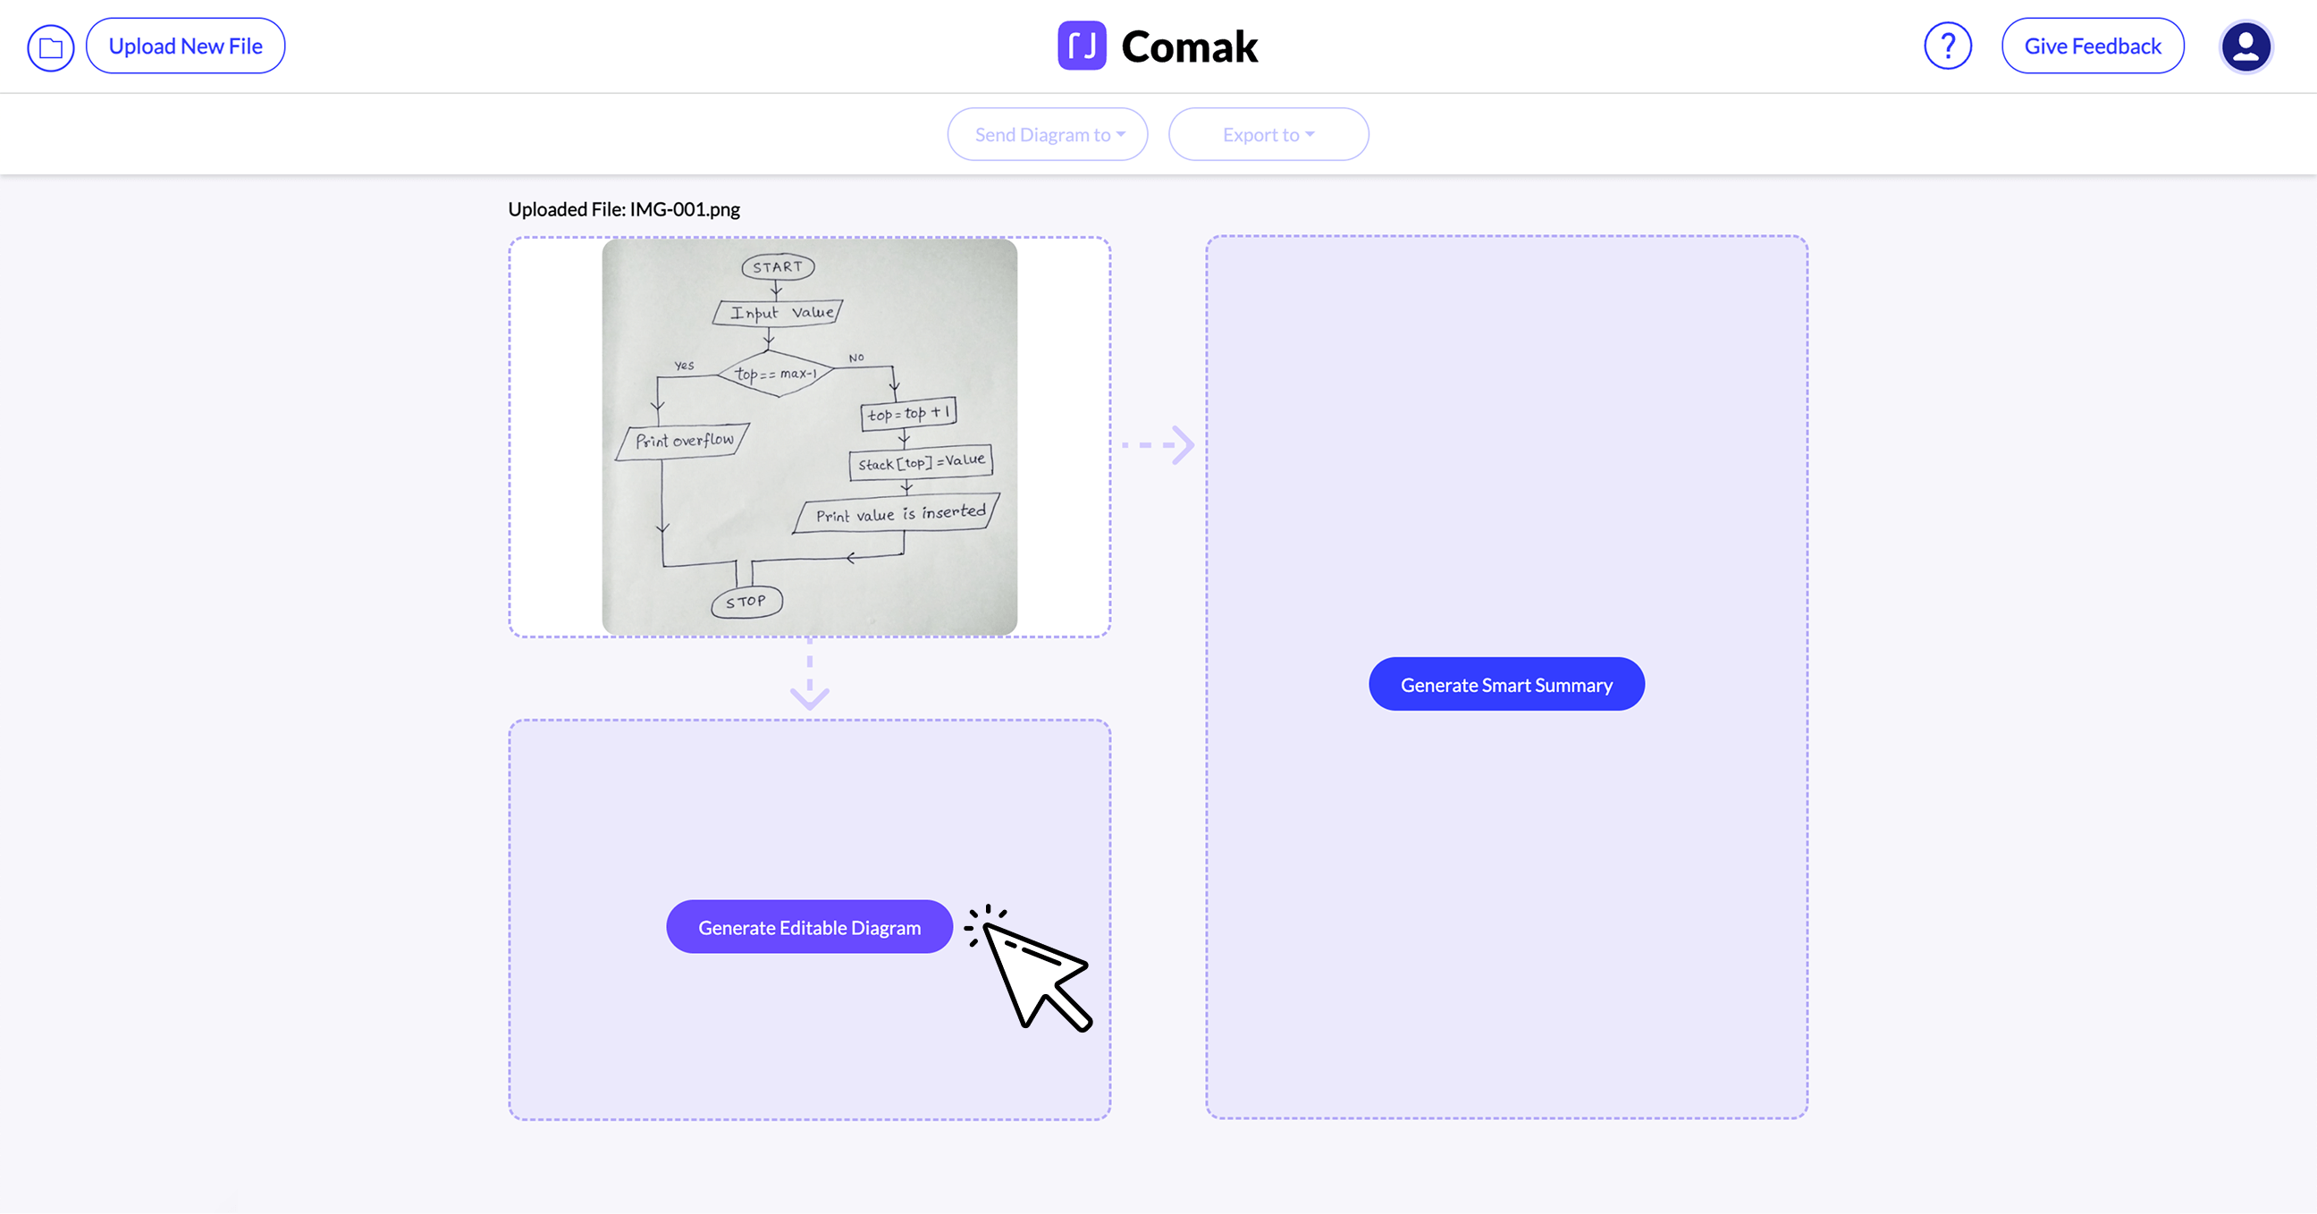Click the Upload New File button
tap(185, 46)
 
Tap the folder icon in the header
tap(50, 46)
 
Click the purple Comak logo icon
tap(1081, 46)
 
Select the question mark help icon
tap(1947, 46)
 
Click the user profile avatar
tap(2245, 46)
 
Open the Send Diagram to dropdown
tap(1047, 135)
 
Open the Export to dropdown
tap(1268, 135)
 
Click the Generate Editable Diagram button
tap(809, 927)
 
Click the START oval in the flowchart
tap(778, 267)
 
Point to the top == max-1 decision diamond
tap(775, 373)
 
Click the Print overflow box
tap(684, 441)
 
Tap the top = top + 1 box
tap(908, 414)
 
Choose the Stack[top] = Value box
tap(921, 463)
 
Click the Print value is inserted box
tap(898, 514)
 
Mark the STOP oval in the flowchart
tap(746, 601)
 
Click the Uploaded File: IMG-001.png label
tap(623, 209)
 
